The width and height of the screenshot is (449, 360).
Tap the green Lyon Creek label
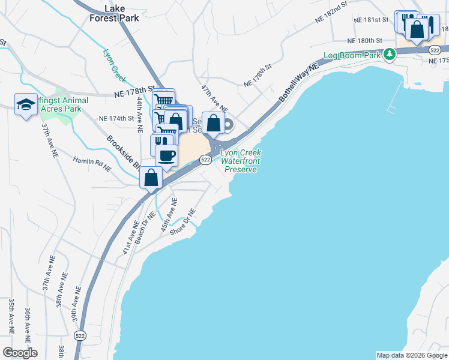point(115,65)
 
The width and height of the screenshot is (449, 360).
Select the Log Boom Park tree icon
point(390,55)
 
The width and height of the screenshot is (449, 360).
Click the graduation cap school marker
point(25,105)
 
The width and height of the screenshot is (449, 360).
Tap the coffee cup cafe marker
point(166,156)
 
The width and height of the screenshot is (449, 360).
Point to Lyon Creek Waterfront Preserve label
point(241,161)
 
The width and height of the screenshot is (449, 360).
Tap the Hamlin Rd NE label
point(92,164)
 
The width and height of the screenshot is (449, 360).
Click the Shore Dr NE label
point(183,222)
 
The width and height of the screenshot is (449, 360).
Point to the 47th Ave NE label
point(214,98)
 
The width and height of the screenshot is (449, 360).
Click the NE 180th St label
point(364,41)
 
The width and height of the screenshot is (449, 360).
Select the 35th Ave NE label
point(11,316)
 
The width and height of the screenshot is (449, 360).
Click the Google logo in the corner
point(19,353)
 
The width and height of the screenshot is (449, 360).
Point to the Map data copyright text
point(412,355)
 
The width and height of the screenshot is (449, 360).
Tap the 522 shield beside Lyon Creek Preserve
point(205,159)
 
